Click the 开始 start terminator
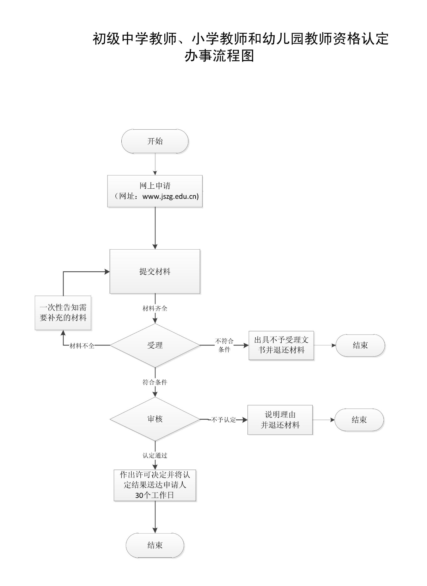[155, 141]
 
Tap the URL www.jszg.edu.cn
[170, 196]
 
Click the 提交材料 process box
[155, 271]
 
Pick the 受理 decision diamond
[155, 345]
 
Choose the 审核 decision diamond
[155, 419]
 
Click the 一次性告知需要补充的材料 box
[63, 313]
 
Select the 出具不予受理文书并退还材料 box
[281, 345]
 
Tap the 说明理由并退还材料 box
[280, 420]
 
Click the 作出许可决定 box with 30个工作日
[155, 485]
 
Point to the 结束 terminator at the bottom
[155, 545]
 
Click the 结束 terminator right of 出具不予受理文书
[360, 345]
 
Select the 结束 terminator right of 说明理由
[359, 420]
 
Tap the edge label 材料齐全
[155, 308]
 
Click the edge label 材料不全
[82, 346]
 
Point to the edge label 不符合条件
[224, 345]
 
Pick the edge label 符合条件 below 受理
[155, 382]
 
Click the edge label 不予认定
[223, 420]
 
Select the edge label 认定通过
[155, 455]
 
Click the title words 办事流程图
[219, 56]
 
